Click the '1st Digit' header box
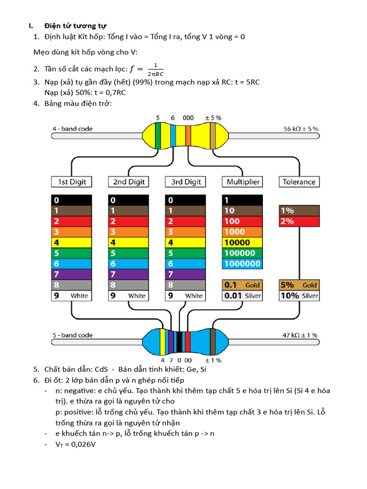pos(71,182)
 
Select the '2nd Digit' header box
pos(129,182)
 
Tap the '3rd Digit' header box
pos(185,182)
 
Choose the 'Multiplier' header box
pos(242,182)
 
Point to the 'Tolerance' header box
pos(299,182)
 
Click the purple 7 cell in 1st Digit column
pos(71,274)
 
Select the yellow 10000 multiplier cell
pos(242,243)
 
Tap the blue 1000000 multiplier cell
pos(242,264)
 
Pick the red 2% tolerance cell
pos(299,221)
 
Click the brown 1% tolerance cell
pos(299,211)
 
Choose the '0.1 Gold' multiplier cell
pos(242,285)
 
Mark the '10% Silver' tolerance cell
pos(299,296)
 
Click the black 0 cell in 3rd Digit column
pos(185,200)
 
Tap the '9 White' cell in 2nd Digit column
pos(129,296)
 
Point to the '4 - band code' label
pos(73,129)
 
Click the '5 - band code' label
pos(73,335)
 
